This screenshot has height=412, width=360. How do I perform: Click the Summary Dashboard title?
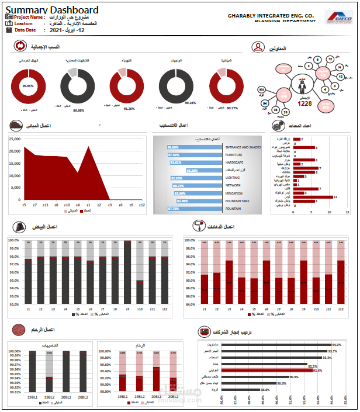click(x=52, y=10)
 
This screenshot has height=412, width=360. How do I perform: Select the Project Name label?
click(x=31, y=18)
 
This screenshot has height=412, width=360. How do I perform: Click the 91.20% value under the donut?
click(x=129, y=108)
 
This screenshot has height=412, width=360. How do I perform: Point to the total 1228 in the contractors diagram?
click(x=304, y=103)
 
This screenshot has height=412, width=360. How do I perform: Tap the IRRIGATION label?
click(x=234, y=193)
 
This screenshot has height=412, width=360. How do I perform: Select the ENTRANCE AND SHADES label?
click(x=243, y=147)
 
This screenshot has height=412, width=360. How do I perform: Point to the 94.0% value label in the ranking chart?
click(x=337, y=345)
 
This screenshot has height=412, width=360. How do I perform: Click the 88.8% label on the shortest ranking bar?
click(x=265, y=389)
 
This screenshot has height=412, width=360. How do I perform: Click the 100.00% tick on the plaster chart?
click(x=15, y=240)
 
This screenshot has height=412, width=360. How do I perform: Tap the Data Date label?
click(x=26, y=29)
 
